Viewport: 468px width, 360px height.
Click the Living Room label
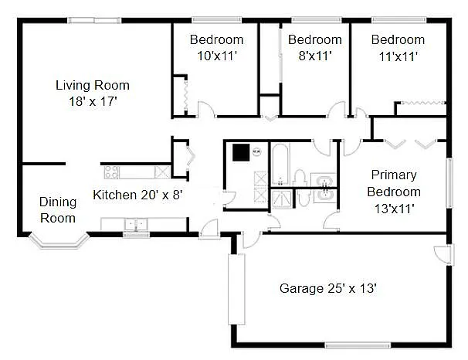(x=92, y=85)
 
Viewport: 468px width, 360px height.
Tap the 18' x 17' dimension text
(x=92, y=100)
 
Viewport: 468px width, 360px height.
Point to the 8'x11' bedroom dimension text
(x=314, y=55)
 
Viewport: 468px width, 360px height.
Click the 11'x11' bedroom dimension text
(x=398, y=55)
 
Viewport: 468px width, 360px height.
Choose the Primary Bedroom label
(x=394, y=183)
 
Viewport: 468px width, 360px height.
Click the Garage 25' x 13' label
(x=327, y=288)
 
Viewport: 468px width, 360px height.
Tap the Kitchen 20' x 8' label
(x=137, y=195)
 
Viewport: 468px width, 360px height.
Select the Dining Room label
(x=58, y=209)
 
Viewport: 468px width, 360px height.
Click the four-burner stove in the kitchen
(x=110, y=172)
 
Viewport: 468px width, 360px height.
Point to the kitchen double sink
(x=136, y=225)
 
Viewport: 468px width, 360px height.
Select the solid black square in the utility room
(x=242, y=151)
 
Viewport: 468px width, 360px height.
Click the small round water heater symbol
(x=256, y=151)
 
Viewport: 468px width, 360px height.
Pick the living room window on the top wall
(x=91, y=21)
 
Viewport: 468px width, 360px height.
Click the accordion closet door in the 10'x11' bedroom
(x=184, y=93)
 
